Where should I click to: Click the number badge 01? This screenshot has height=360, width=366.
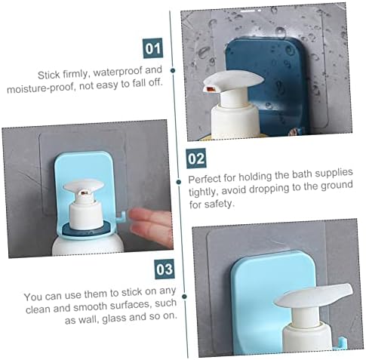coord(153,48)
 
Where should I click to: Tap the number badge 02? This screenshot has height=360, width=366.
coord(196,158)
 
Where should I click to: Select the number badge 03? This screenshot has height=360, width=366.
coord(165,269)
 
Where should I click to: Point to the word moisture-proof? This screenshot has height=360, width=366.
coord(41,88)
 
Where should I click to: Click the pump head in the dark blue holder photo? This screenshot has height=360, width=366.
coord(233,81)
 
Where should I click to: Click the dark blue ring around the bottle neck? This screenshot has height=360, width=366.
coord(86,229)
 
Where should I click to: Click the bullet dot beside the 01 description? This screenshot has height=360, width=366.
coord(173,70)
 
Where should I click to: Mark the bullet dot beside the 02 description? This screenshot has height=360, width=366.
coord(179,182)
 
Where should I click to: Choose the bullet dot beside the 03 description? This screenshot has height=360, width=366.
coord(184,297)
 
